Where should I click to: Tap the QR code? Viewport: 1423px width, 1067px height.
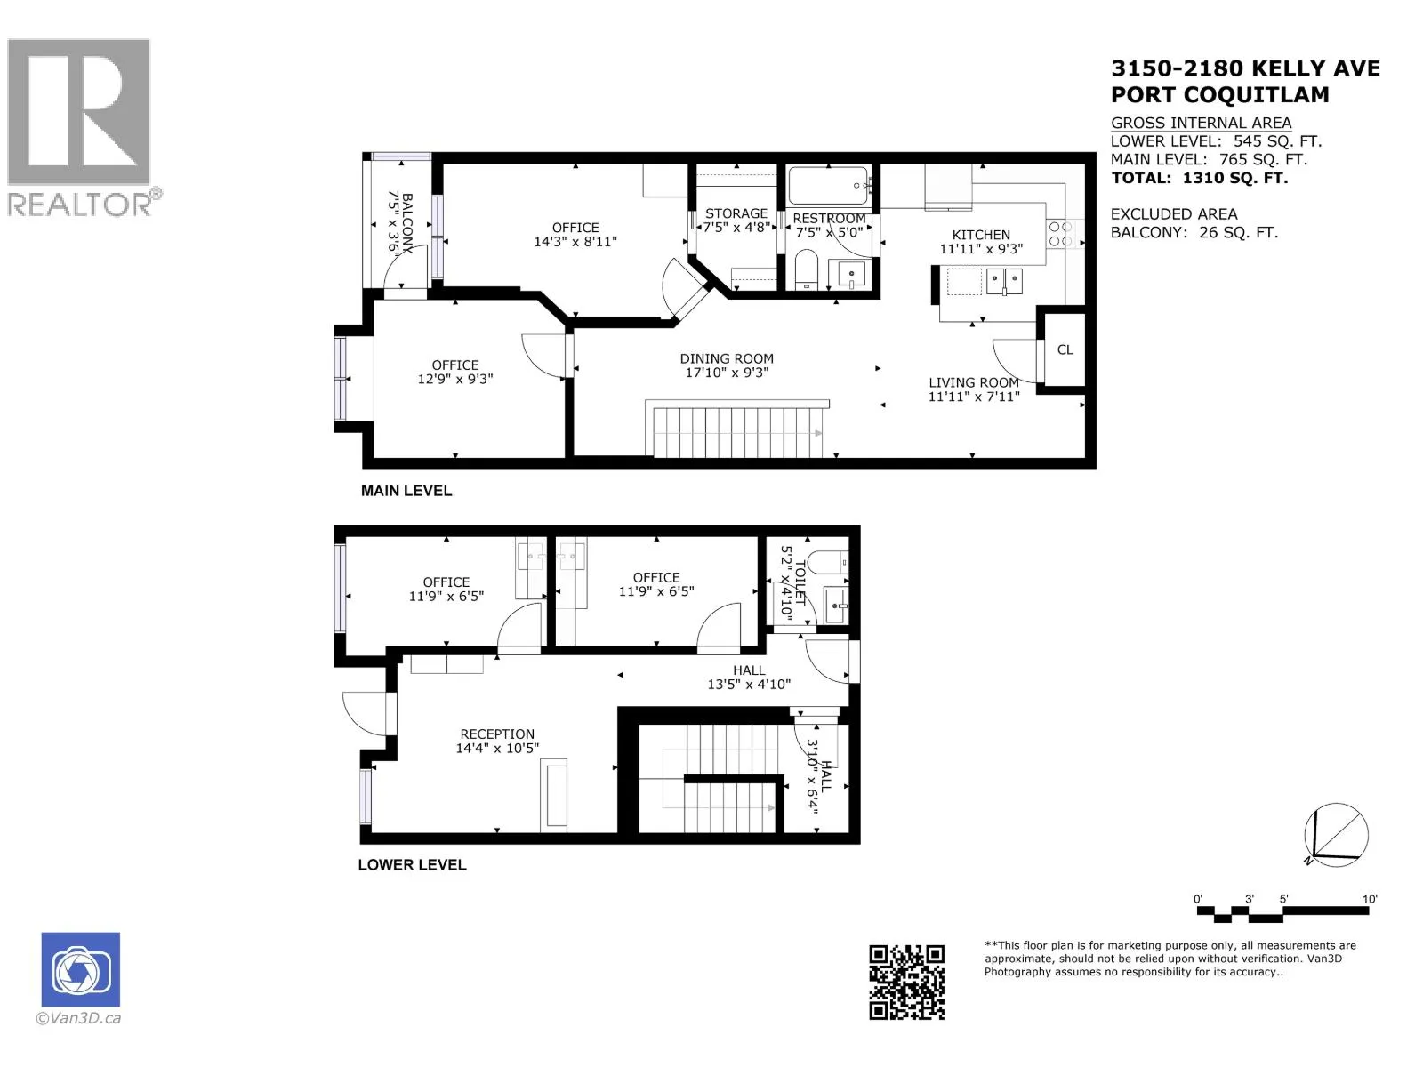point(906,983)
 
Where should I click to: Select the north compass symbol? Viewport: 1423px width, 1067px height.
point(1336,834)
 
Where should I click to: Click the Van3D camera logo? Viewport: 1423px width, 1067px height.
point(80,969)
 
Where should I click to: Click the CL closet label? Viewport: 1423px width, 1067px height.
point(1065,349)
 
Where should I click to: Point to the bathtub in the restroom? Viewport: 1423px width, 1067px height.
point(828,185)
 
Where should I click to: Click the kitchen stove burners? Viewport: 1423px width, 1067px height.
point(1061,234)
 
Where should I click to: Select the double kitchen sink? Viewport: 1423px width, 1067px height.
point(1004,282)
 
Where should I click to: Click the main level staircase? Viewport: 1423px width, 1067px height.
point(737,429)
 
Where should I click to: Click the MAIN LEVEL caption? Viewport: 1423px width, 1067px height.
point(406,491)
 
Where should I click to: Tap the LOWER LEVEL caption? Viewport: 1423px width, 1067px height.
point(413,865)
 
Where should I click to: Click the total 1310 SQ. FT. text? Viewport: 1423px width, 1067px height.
point(1200,178)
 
